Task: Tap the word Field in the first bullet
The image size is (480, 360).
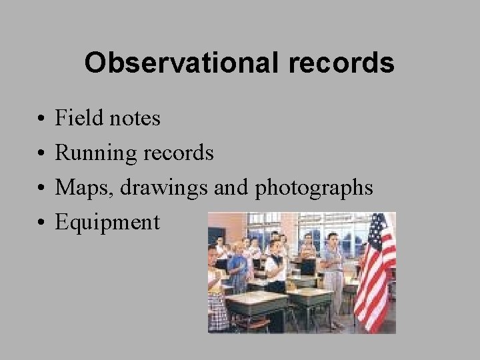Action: point(74,118)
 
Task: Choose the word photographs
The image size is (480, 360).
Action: point(314,188)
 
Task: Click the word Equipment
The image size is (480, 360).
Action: point(107,223)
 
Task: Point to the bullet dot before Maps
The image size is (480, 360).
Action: point(41,189)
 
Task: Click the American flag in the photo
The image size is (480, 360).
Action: point(375,273)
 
